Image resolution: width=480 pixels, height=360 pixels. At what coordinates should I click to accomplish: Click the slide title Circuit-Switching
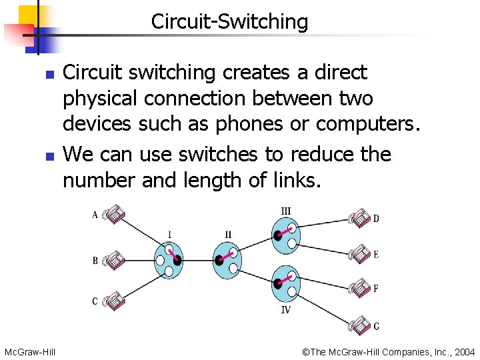229,21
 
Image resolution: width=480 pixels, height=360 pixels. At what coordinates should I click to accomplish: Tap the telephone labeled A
114,213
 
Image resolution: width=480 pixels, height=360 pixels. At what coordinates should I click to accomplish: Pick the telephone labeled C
114,301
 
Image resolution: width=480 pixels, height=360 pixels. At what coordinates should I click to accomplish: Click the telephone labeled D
360,217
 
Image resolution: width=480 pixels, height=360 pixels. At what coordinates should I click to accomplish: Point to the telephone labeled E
360,253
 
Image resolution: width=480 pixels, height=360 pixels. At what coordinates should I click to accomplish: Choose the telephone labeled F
360,288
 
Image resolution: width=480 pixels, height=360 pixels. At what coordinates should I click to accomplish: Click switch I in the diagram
169,259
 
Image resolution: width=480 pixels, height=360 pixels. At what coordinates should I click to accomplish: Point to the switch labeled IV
286,283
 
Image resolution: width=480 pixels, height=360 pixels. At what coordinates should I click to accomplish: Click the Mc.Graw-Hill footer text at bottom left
29,351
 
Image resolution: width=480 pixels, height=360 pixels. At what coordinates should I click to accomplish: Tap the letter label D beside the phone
376,219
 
